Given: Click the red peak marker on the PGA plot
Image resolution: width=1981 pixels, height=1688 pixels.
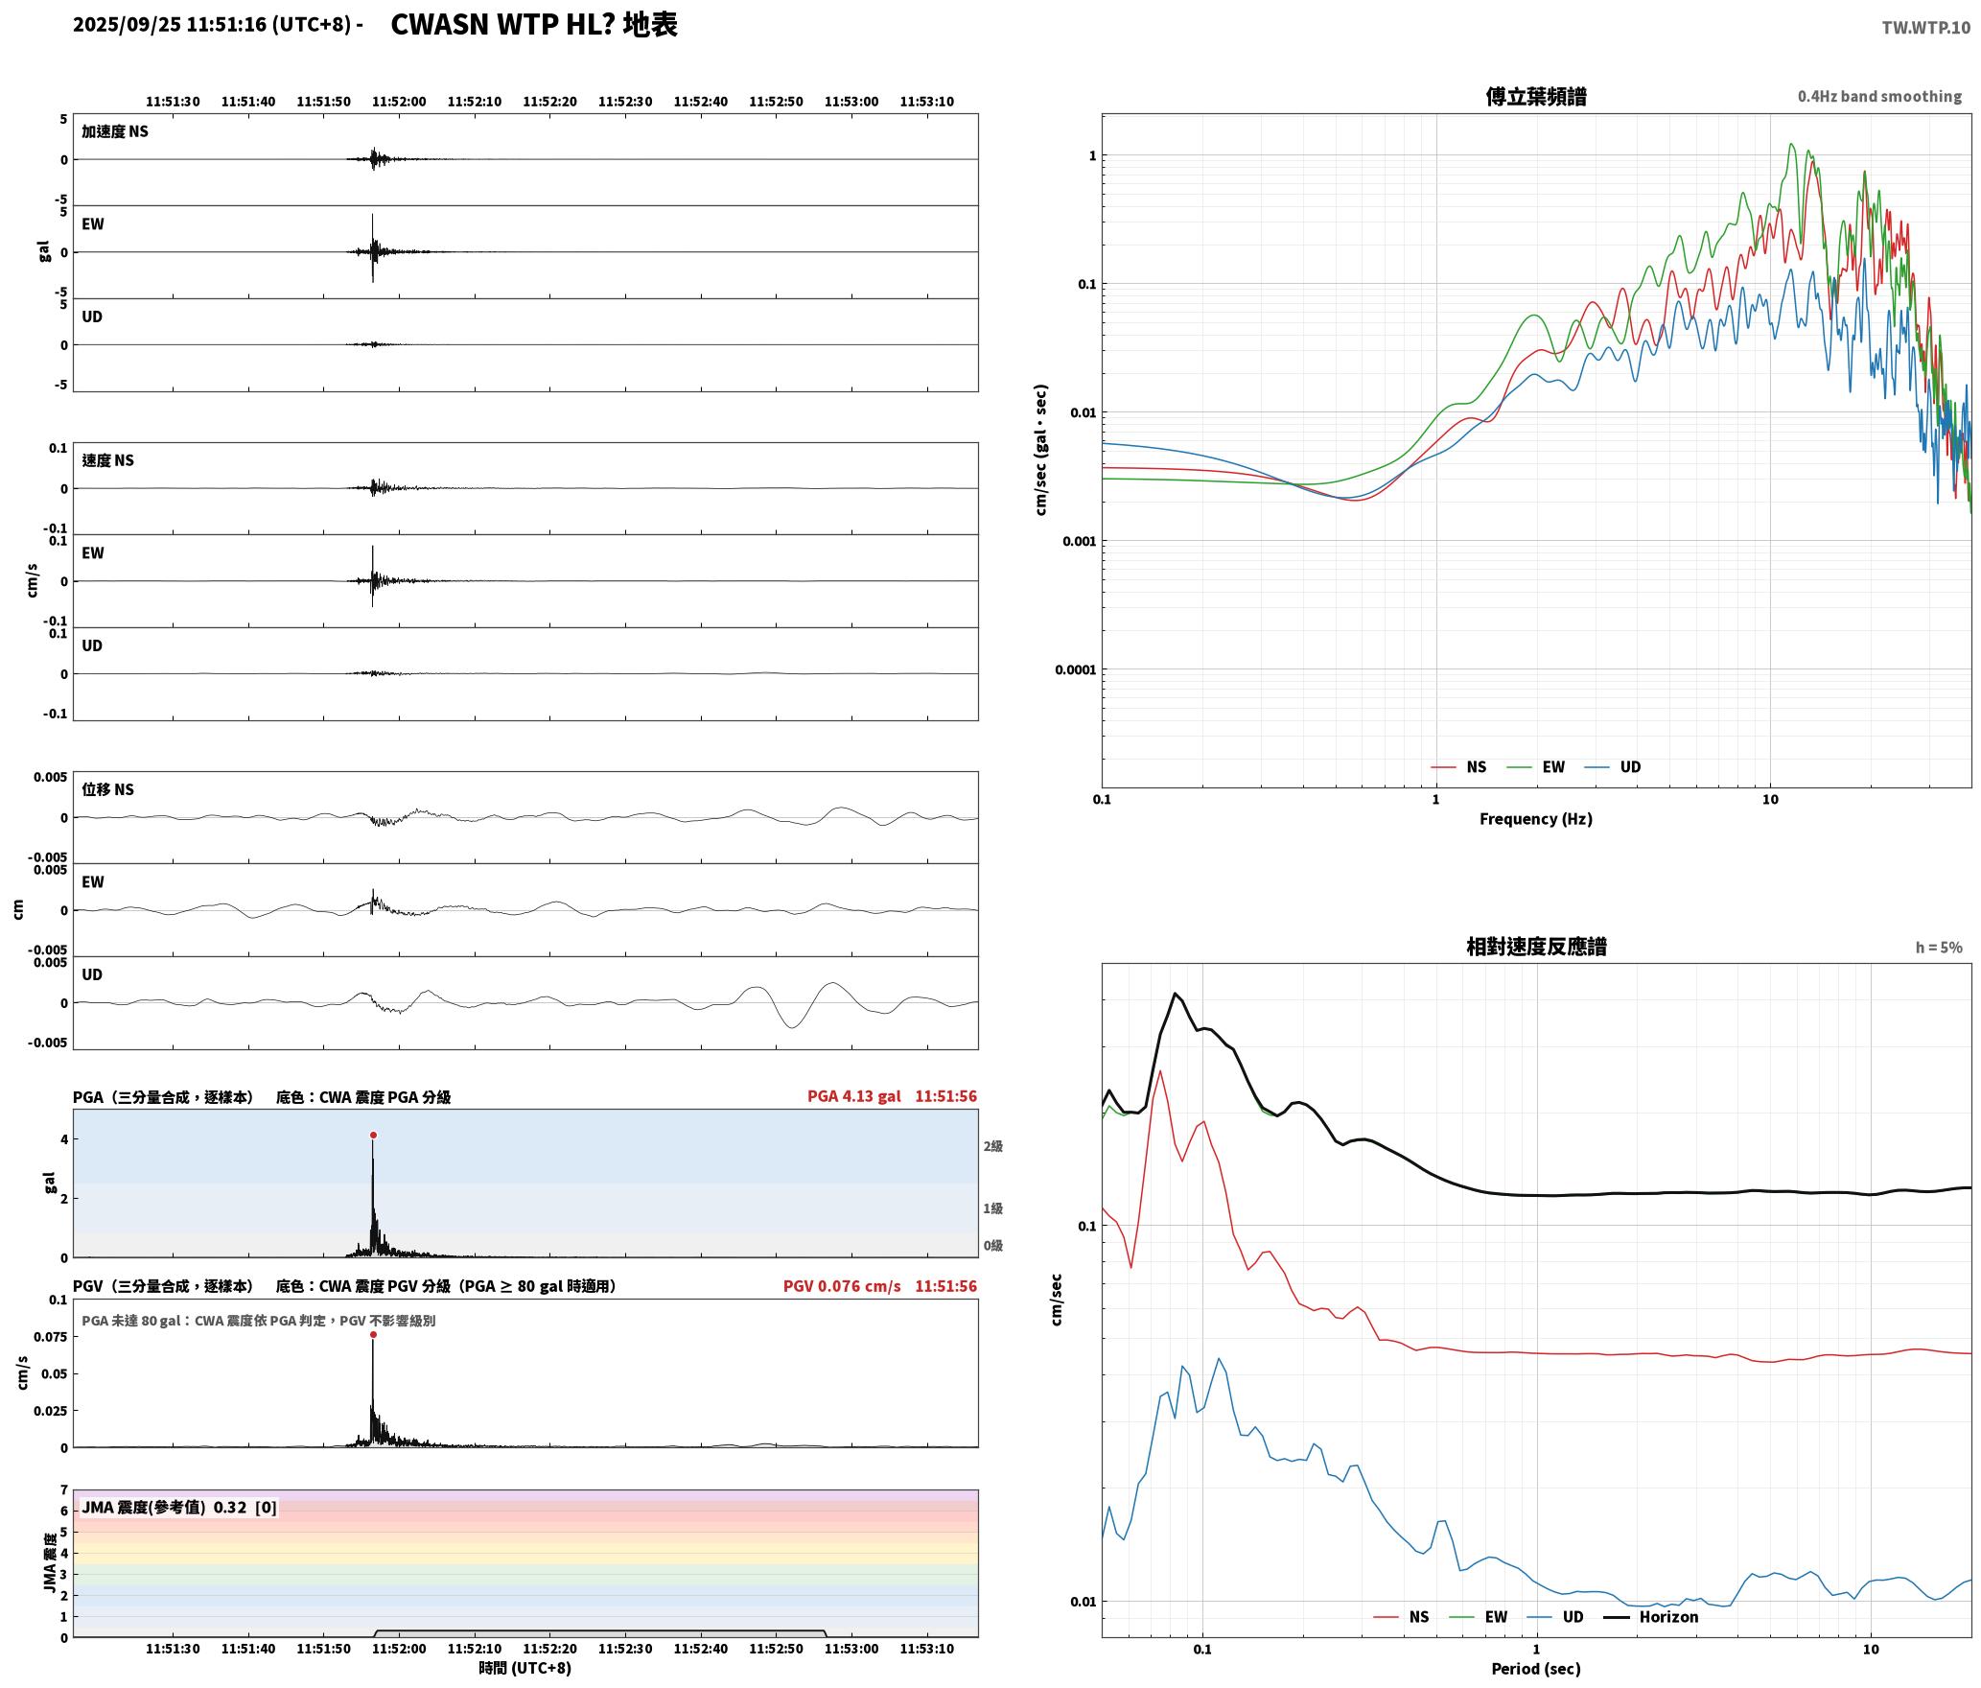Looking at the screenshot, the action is click(373, 1136).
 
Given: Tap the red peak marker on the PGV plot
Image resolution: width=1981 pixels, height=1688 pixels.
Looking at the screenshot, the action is click(373, 1335).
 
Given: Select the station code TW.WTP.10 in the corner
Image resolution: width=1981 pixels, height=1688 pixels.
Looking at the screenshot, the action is click(1925, 28).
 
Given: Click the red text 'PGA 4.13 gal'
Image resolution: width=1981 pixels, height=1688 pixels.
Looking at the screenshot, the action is click(854, 1096).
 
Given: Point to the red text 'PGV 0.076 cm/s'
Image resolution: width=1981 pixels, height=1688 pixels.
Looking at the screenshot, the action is click(842, 1286).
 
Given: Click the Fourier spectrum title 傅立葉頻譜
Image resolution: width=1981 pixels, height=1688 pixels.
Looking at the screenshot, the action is click(1536, 97).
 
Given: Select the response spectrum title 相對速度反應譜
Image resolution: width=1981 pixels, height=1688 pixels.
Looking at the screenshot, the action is click(1536, 947).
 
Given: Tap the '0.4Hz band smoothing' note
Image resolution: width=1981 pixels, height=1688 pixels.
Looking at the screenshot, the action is click(1879, 97).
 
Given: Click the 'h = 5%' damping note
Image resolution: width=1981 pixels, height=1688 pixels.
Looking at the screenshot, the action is click(1939, 948).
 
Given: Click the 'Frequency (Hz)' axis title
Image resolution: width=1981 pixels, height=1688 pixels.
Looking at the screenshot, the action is click(1536, 819).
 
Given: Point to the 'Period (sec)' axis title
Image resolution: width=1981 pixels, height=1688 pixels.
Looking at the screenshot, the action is click(1536, 1669).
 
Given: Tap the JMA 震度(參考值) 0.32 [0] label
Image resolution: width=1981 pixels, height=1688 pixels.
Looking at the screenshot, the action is click(179, 1508).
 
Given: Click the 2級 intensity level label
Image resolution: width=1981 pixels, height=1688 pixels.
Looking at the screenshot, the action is click(992, 1146).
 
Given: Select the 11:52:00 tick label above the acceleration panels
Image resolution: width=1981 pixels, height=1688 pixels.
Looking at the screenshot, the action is click(399, 102).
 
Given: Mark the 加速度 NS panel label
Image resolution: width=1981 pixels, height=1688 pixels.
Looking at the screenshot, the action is click(115, 131).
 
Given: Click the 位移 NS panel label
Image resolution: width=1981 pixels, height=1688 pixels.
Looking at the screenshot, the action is click(107, 789).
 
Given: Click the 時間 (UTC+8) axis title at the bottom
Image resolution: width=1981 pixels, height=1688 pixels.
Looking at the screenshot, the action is click(525, 1668).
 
